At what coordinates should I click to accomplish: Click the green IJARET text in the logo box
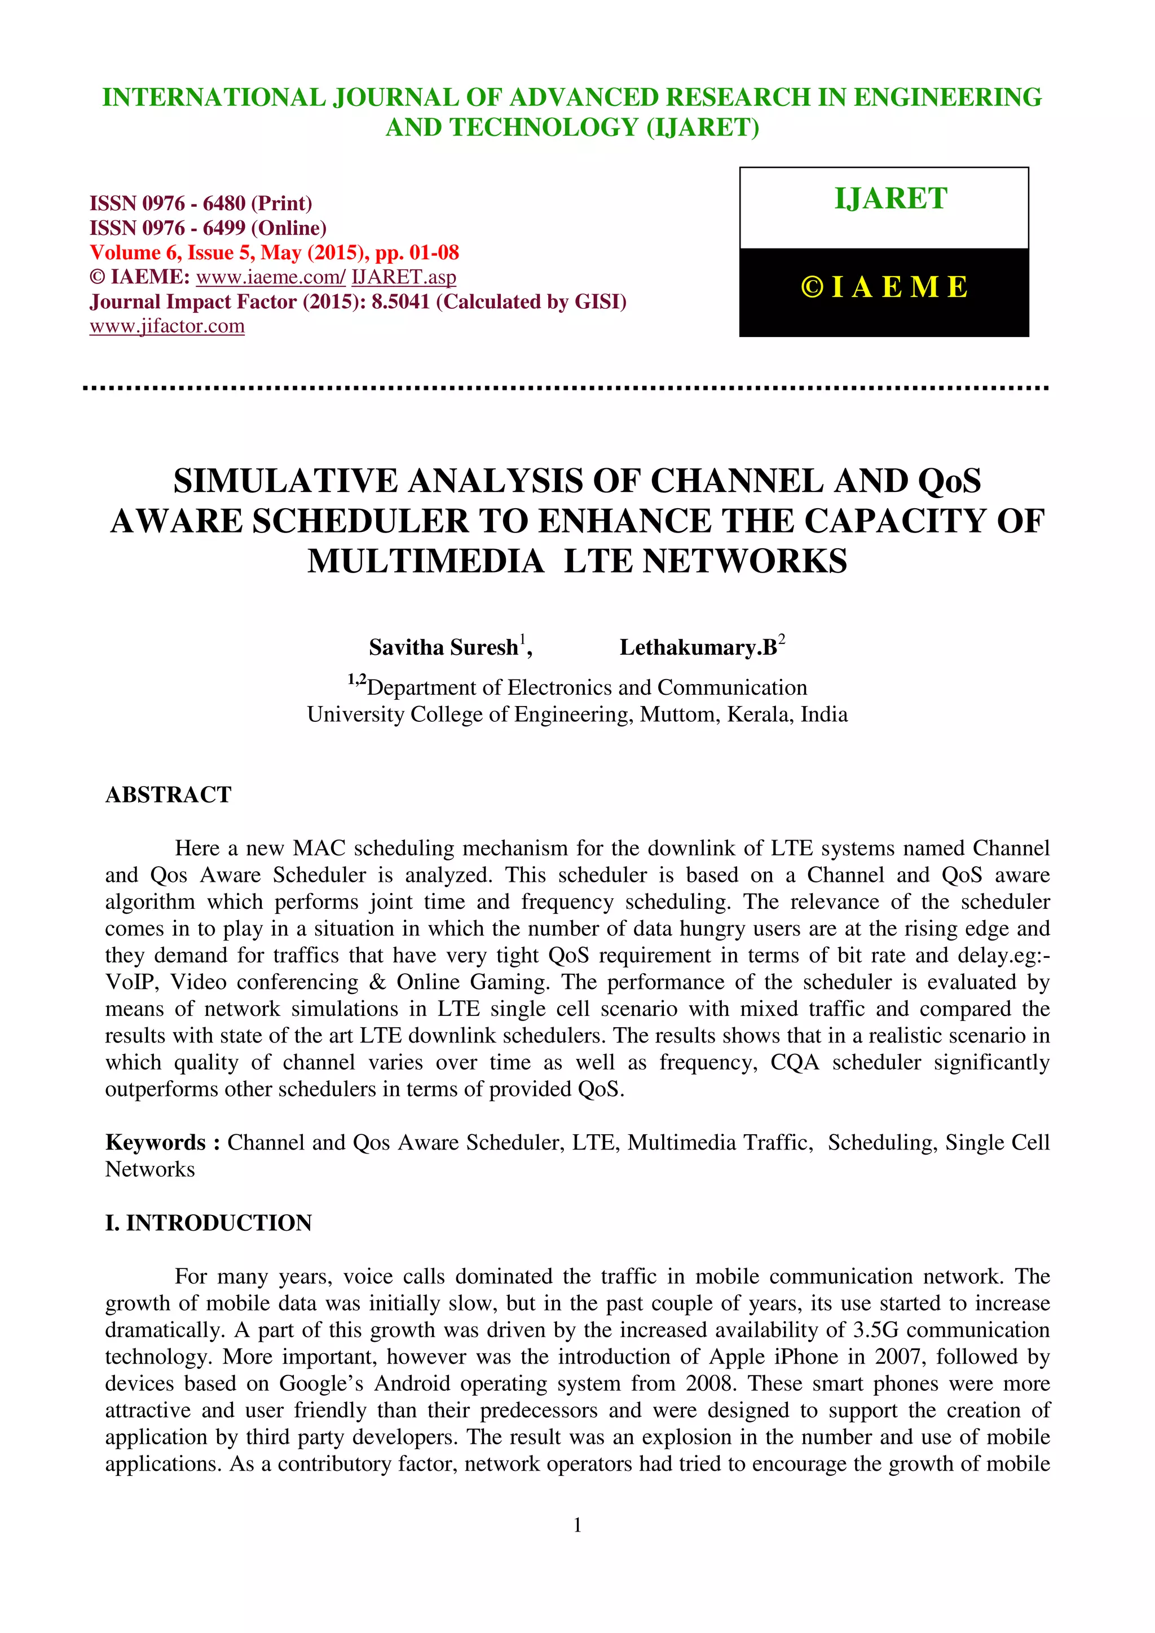click(x=891, y=198)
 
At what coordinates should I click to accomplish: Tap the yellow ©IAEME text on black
click(x=884, y=287)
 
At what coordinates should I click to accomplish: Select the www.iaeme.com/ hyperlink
click(x=271, y=277)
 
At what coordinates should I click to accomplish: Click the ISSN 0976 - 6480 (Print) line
click(x=201, y=203)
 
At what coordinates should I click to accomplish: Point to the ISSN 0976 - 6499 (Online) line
click(x=208, y=228)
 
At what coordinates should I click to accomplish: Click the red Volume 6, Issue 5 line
click(x=274, y=252)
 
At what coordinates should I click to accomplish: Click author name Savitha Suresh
click(x=443, y=647)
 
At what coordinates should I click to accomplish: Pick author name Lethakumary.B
click(x=698, y=647)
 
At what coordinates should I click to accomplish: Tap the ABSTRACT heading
click(x=168, y=795)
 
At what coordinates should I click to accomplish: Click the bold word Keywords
click(x=155, y=1142)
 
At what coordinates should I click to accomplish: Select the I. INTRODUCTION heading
click(x=209, y=1223)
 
